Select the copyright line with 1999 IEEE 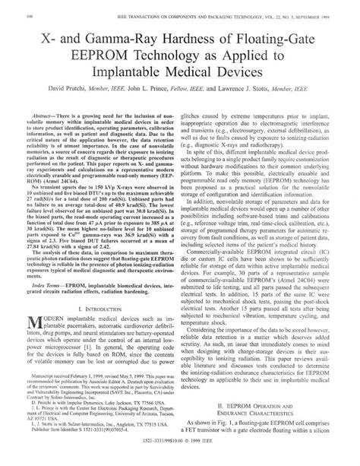179,460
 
